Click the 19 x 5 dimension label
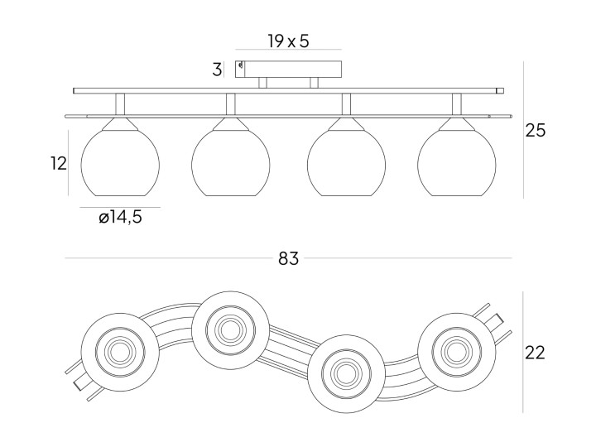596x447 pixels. (x=288, y=41)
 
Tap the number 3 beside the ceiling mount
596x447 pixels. (x=217, y=70)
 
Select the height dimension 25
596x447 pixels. (x=536, y=131)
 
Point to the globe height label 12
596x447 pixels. (x=59, y=163)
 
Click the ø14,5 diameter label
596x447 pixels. (x=120, y=218)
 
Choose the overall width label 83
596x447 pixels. (x=289, y=258)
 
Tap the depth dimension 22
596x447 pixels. (x=535, y=353)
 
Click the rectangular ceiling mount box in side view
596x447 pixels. (x=288, y=70)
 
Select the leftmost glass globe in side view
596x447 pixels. (x=120, y=163)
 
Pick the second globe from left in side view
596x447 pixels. (x=231, y=163)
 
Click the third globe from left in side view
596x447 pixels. (x=346, y=163)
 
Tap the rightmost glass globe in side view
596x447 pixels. (x=456, y=163)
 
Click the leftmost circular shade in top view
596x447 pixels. (x=120, y=352)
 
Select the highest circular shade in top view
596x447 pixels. (x=231, y=330)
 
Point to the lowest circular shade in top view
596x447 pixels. (x=346, y=373)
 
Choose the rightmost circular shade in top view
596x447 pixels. (x=456, y=352)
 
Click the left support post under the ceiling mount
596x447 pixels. (x=262, y=84)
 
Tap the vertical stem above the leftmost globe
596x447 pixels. (x=120, y=104)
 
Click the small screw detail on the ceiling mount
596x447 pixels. (x=240, y=66)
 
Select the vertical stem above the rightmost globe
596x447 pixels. (x=456, y=104)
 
